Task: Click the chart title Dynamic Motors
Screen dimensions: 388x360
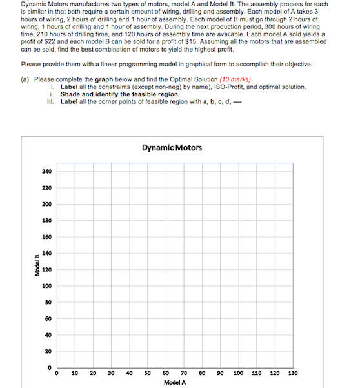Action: (x=172, y=148)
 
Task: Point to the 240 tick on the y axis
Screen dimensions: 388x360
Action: (x=46, y=171)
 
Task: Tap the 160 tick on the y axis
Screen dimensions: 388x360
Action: (x=46, y=237)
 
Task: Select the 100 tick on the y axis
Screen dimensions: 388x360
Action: (x=46, y=286)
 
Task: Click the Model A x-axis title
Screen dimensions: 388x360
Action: (x=174, y=382)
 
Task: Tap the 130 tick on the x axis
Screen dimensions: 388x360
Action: (x=293, y=373)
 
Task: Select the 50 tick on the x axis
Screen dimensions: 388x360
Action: (x=148, y=373)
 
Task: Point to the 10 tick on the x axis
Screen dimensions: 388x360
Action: (x=75, y=373)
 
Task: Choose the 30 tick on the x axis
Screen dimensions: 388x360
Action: (x=112, y=373)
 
